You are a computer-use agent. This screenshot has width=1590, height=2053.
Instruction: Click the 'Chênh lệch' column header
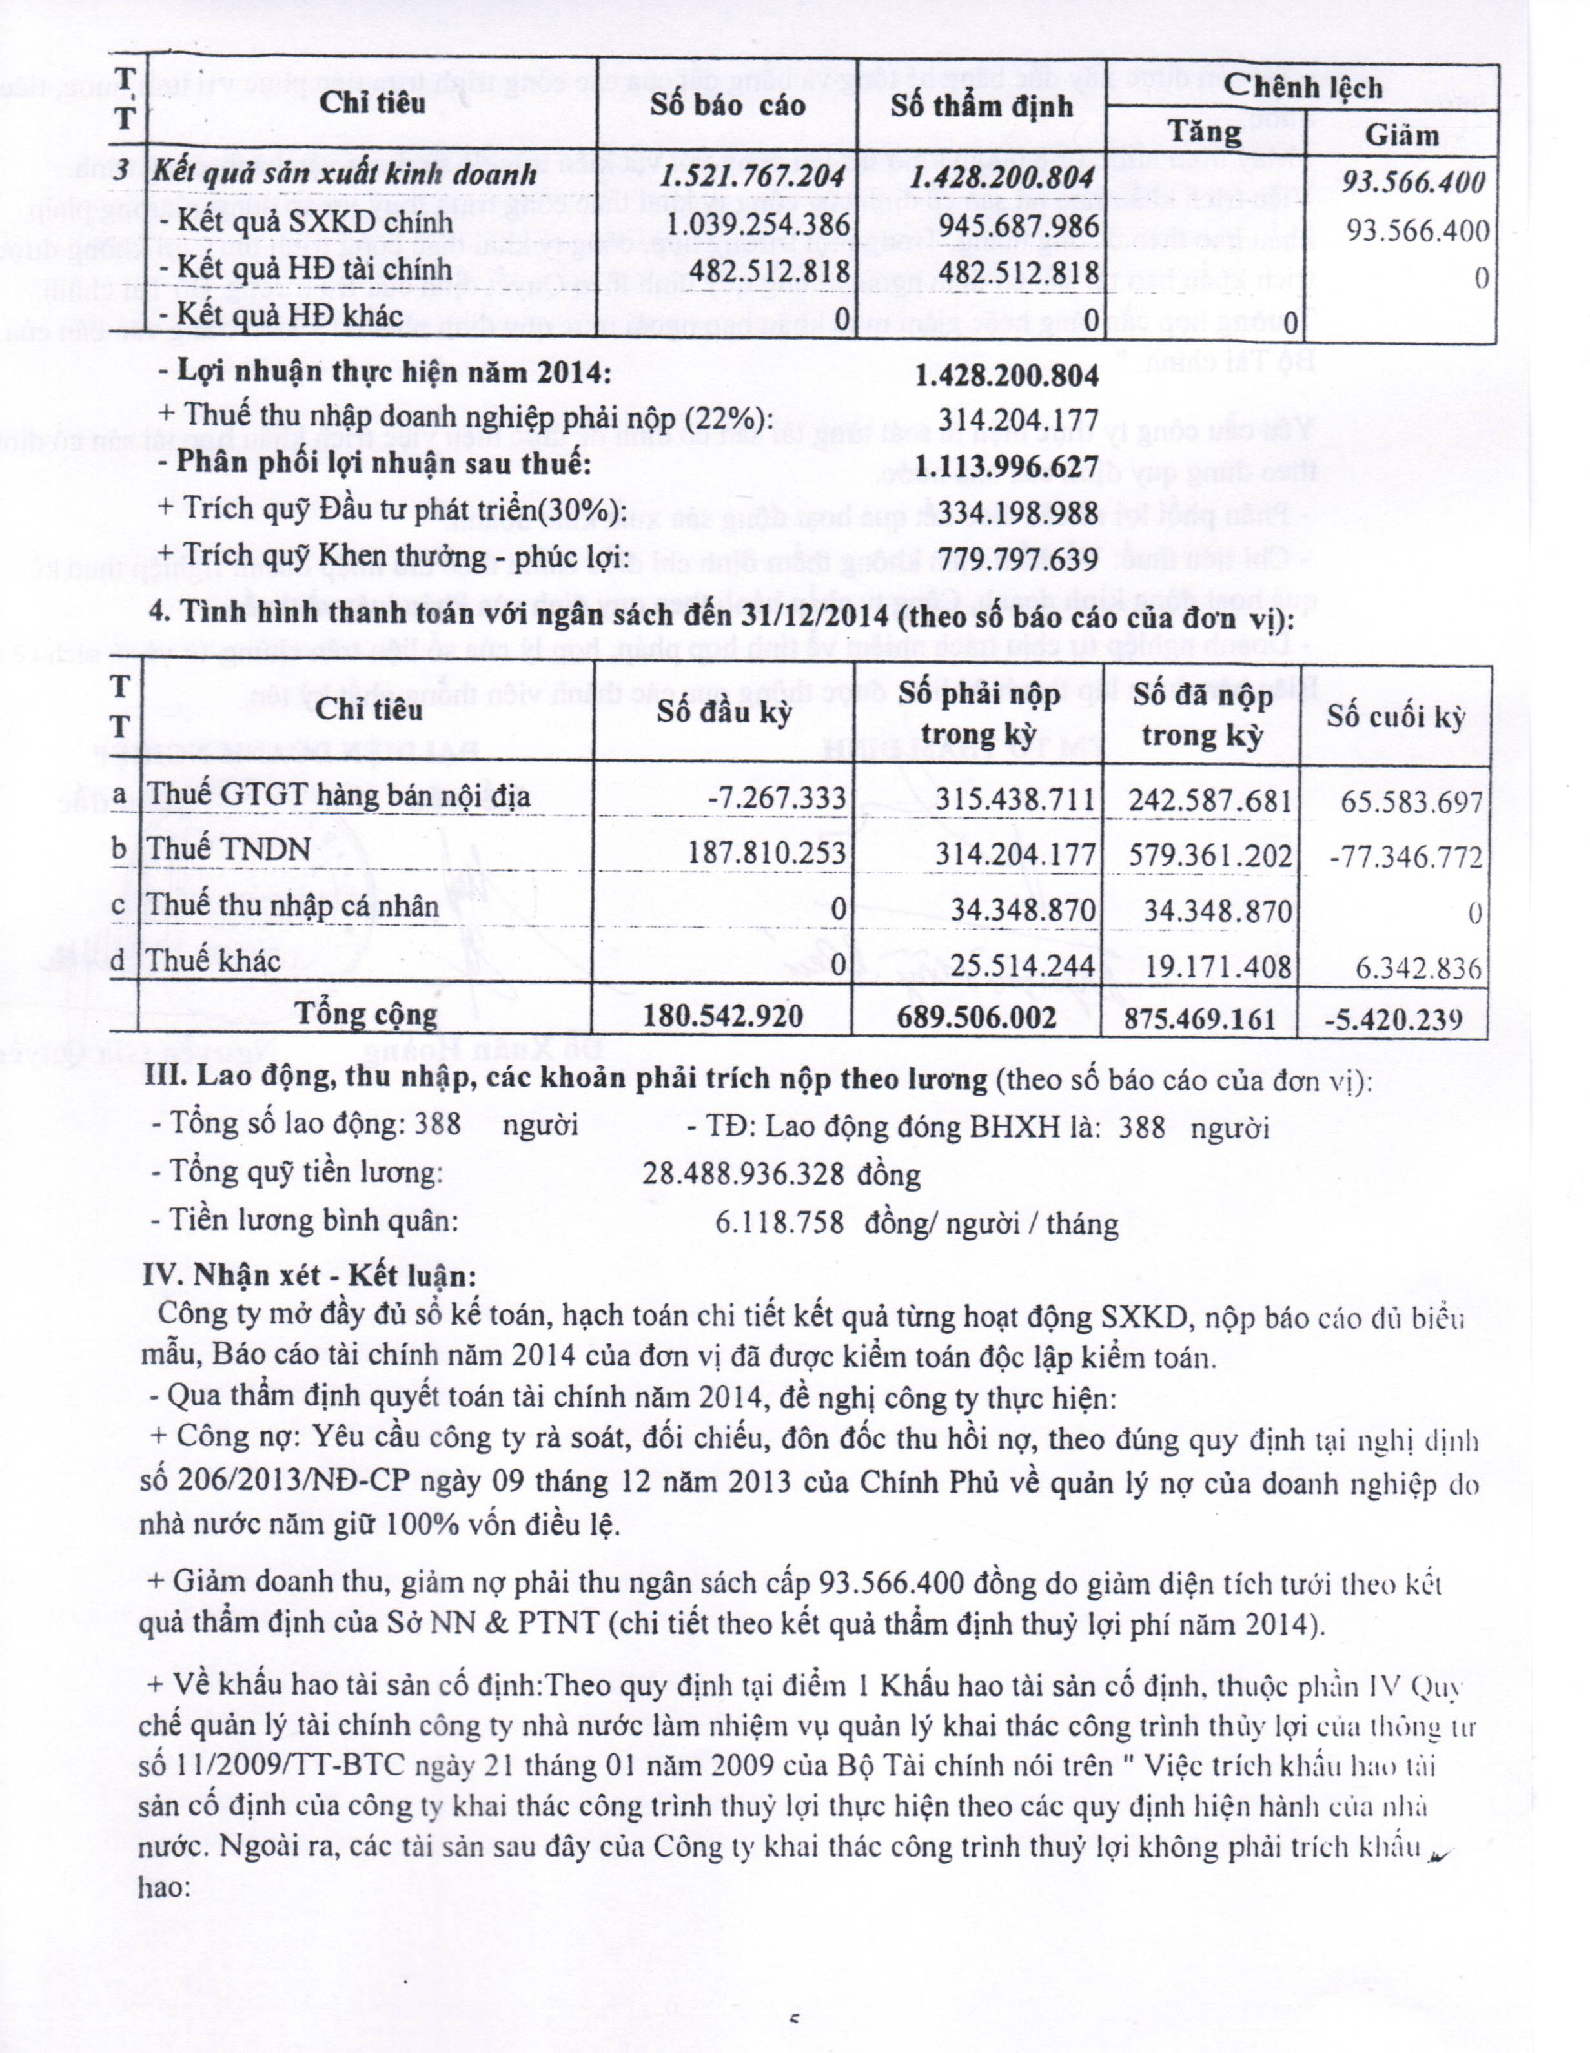coord(1303,87)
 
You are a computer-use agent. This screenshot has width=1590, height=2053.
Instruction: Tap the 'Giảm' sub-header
coord(1401,136)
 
